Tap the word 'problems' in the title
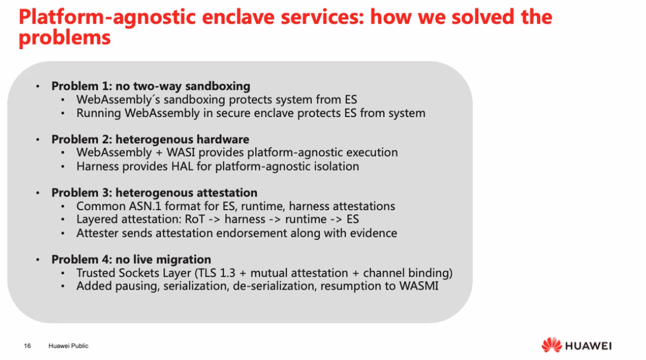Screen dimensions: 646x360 point(65,38)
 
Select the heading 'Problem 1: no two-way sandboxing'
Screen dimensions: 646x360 point(151,86)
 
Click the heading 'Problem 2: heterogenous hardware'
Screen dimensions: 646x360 point(150,140)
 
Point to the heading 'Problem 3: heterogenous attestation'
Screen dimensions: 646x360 point(154,193)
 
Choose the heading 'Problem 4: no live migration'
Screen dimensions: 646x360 point(131,259)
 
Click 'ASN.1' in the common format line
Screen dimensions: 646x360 point(145,206)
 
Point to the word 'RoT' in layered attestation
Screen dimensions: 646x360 point(195,219)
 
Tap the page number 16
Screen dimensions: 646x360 point(28,346)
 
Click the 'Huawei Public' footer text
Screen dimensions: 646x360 point(68,346)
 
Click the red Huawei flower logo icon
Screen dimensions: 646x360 point(552,345)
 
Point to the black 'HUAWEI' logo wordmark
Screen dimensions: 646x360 point(589,346)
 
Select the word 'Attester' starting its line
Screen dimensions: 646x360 point(97,233)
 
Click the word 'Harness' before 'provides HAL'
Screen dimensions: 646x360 point(97,166)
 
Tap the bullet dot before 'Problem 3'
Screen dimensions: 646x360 point(38,193)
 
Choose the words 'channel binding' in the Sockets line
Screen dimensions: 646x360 point(405,273)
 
